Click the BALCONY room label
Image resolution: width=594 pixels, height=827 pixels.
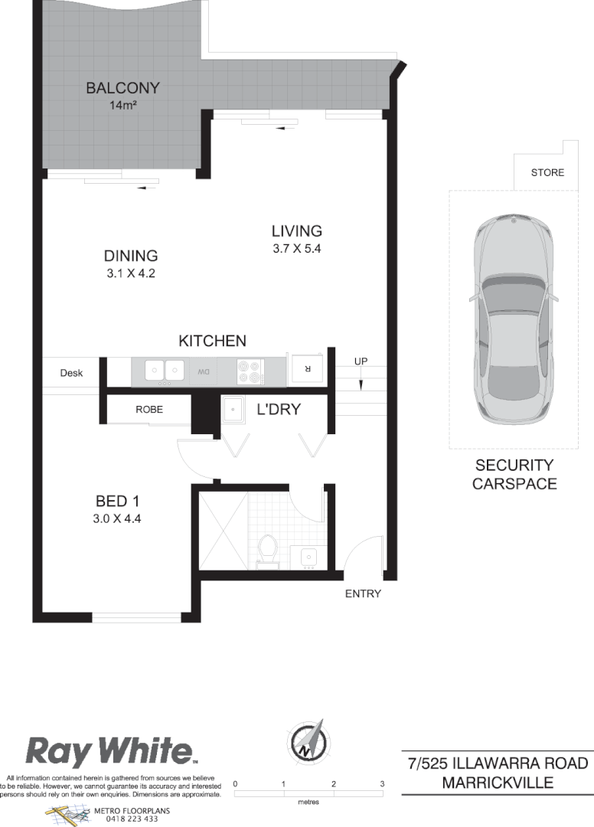tap(122, 88)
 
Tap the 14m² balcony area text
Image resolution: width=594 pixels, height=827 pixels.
tap(122, 105)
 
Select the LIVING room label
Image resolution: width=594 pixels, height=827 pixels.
tap(296, 230)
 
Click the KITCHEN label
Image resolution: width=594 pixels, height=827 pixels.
tap(212, 341)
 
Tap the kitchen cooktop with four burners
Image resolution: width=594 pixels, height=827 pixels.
tap(250, 371)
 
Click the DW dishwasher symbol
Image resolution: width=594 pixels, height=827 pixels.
tap(204, 372)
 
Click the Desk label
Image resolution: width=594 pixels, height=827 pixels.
tap(71, 374)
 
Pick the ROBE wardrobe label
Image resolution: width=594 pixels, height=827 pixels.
tap(149, 410)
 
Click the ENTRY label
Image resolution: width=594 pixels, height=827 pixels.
tap(363, 593)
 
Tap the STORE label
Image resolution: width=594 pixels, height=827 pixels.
tap(547, 173)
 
